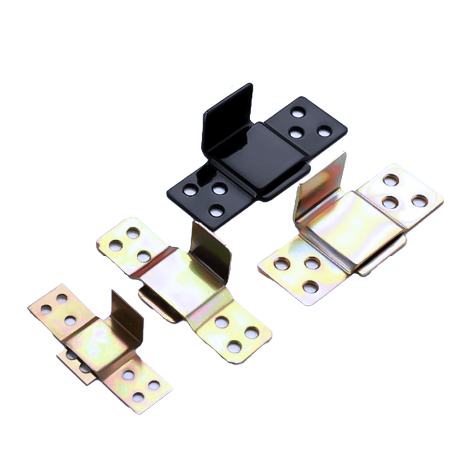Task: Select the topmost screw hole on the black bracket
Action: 297,112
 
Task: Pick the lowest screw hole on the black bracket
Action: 216,211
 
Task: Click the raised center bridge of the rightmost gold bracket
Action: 349,227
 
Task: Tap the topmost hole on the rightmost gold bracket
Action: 390,180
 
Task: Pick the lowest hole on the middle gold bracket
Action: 234,347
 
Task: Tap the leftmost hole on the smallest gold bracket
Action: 46,309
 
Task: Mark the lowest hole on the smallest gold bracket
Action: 138,397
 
